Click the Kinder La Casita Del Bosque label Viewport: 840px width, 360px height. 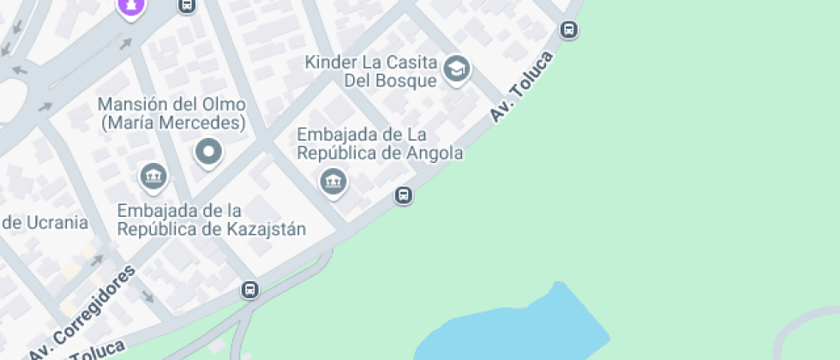372,72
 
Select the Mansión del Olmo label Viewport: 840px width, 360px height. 171,113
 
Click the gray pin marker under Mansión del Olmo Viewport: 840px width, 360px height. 208,153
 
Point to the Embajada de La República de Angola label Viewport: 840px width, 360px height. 380,144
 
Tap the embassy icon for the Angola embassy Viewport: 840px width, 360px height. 333,181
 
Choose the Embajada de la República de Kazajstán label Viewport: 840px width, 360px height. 212,219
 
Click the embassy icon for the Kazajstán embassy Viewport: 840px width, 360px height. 153,177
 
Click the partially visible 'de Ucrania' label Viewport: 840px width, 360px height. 45,223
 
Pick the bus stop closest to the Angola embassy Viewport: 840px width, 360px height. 404,195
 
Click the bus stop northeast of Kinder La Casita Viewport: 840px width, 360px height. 568,30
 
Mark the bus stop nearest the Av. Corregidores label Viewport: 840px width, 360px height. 249,290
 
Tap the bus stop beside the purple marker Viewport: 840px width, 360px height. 186,6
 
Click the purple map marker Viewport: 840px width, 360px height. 131,6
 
